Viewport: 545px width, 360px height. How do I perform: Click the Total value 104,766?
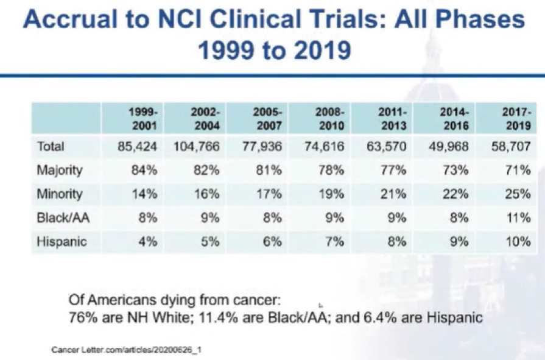(x=196, y=146)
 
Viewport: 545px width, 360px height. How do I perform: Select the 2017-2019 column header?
(x=516, y=119)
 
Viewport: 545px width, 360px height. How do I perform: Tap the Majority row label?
(x=60, y=171)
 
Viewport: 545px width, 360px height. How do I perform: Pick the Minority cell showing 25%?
(x=518, y=194)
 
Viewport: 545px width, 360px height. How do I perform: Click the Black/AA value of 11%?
(x=519, y=217)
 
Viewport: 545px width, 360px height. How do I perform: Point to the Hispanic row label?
(x=62, y=241)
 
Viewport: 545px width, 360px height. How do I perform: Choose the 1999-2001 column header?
(x=144, y=119)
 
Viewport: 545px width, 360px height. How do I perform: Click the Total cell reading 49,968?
(x=448, y=146)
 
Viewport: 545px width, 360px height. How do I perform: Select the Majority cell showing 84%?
(x=144, y=170)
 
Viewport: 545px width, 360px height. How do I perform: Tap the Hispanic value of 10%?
(x=518, y=241)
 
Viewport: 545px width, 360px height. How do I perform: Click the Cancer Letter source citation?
(x=127, y=349)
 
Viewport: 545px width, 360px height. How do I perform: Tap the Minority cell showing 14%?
(x=144, y=194)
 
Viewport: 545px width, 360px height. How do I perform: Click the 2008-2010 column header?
(x=330, y=119)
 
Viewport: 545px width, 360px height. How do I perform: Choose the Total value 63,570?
(x=386, y=146)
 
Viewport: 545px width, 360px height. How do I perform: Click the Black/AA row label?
(x=63, y=217)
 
